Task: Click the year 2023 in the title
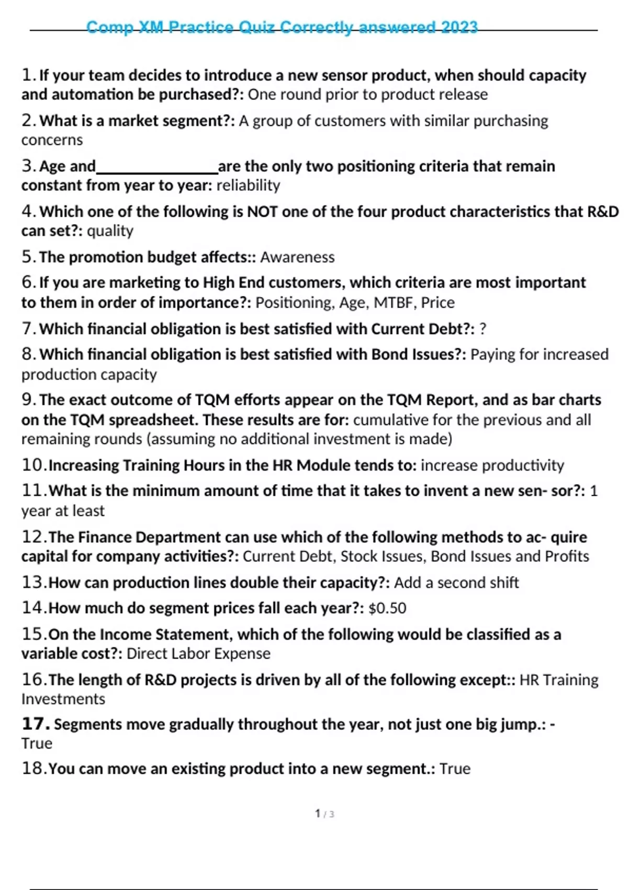click(459, 27)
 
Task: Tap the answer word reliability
click(248, 185)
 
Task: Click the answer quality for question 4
click(110, 231)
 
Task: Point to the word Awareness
click(297, 257)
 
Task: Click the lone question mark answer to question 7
click(483, 329)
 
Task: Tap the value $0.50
click(387, 608)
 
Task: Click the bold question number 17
click(35, 724)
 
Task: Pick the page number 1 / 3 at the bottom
click(324, 814)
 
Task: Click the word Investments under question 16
click(63, 699)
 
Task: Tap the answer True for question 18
click(455, 769)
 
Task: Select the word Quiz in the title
click(257, 27)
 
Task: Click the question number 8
click(28, 354)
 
